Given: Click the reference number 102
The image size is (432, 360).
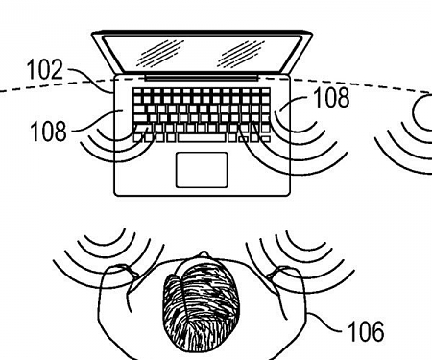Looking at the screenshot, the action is (45, 70).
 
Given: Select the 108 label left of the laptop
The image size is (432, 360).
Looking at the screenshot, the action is (48, 131).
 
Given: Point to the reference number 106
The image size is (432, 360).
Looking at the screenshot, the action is (364, 331).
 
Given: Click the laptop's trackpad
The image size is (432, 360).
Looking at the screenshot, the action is (203, 168).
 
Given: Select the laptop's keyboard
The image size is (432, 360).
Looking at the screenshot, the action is (202, 113).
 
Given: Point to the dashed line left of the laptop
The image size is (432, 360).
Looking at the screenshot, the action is (38, 88).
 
